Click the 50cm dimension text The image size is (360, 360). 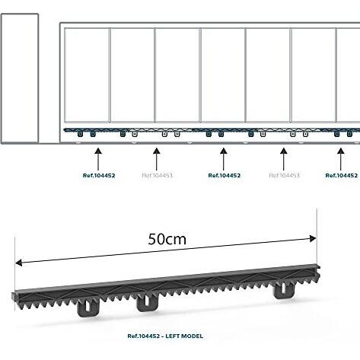[167, 239]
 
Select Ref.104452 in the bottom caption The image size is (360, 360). [144, 336]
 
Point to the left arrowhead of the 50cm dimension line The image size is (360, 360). [19, 263]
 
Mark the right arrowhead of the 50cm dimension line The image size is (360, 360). [313, 239]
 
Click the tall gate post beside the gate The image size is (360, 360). [20, 78]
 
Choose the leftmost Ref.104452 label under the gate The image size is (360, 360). [99, 176]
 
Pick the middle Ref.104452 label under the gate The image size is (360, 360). [225, 176]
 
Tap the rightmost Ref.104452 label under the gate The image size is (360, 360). [342, 176]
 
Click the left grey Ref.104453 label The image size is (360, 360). [158, 176]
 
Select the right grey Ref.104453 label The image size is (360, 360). [284, 176]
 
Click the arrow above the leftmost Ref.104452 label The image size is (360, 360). [98, 159]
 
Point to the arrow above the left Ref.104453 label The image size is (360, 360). [157, 159]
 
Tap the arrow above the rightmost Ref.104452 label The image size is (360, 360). [341, 159]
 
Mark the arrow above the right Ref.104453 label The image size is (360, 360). [284, 159]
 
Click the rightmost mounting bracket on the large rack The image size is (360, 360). [284, 291]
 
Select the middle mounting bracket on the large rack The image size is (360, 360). [147, 304]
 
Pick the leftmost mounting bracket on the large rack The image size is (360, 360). [88, 308]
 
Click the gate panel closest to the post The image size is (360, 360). [87, 75]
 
